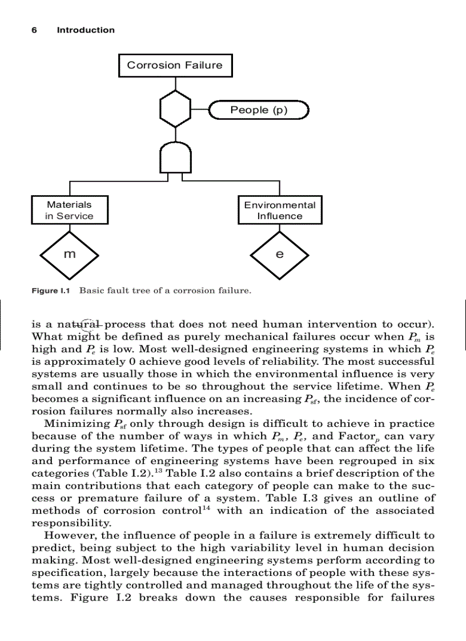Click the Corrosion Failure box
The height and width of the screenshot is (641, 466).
coord(175,65)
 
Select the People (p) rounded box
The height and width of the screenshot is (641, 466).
coord(259,110)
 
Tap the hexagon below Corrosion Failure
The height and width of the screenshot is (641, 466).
coord(175,110)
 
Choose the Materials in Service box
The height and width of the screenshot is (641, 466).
coord(69,210)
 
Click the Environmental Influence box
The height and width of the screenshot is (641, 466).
coord(279,210)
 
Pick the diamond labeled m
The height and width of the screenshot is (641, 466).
coord(69,254)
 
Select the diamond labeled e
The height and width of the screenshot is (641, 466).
coord(279,254)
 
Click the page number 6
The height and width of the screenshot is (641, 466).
coord(34,30)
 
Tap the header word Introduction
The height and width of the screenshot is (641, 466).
coord(86,30)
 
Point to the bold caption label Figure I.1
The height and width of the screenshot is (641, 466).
coord(50,291)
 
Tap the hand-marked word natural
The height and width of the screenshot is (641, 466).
coord(79,324)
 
